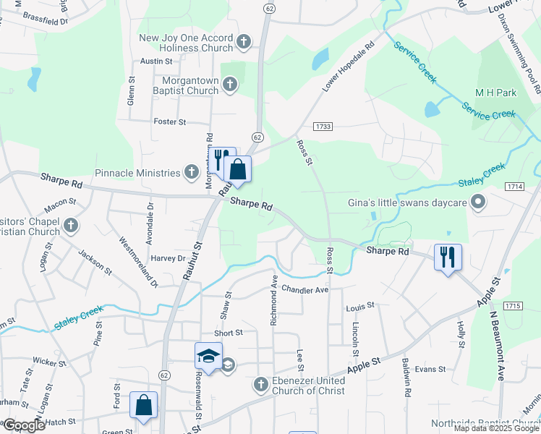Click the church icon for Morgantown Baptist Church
click(x=229, y=85)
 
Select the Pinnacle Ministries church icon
click(x=191, y=172)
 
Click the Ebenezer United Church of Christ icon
click(x=262, y=385)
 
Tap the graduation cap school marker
click(x=208, y=356)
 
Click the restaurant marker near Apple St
click(x=448, y=256)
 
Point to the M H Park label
click(x=495, y=93)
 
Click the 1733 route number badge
click(x=323, y=127)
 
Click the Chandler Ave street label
click(x=305, y=289)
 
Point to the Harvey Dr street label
click(x=169, y=258)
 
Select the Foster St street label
click(x=170, y=122)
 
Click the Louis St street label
click(x=359, y=306)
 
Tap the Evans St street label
click(x=430, y=369)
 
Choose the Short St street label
click(x=228, y=333)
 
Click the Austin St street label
click(x=156, y=61)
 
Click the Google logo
click(x=23, y=425)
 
